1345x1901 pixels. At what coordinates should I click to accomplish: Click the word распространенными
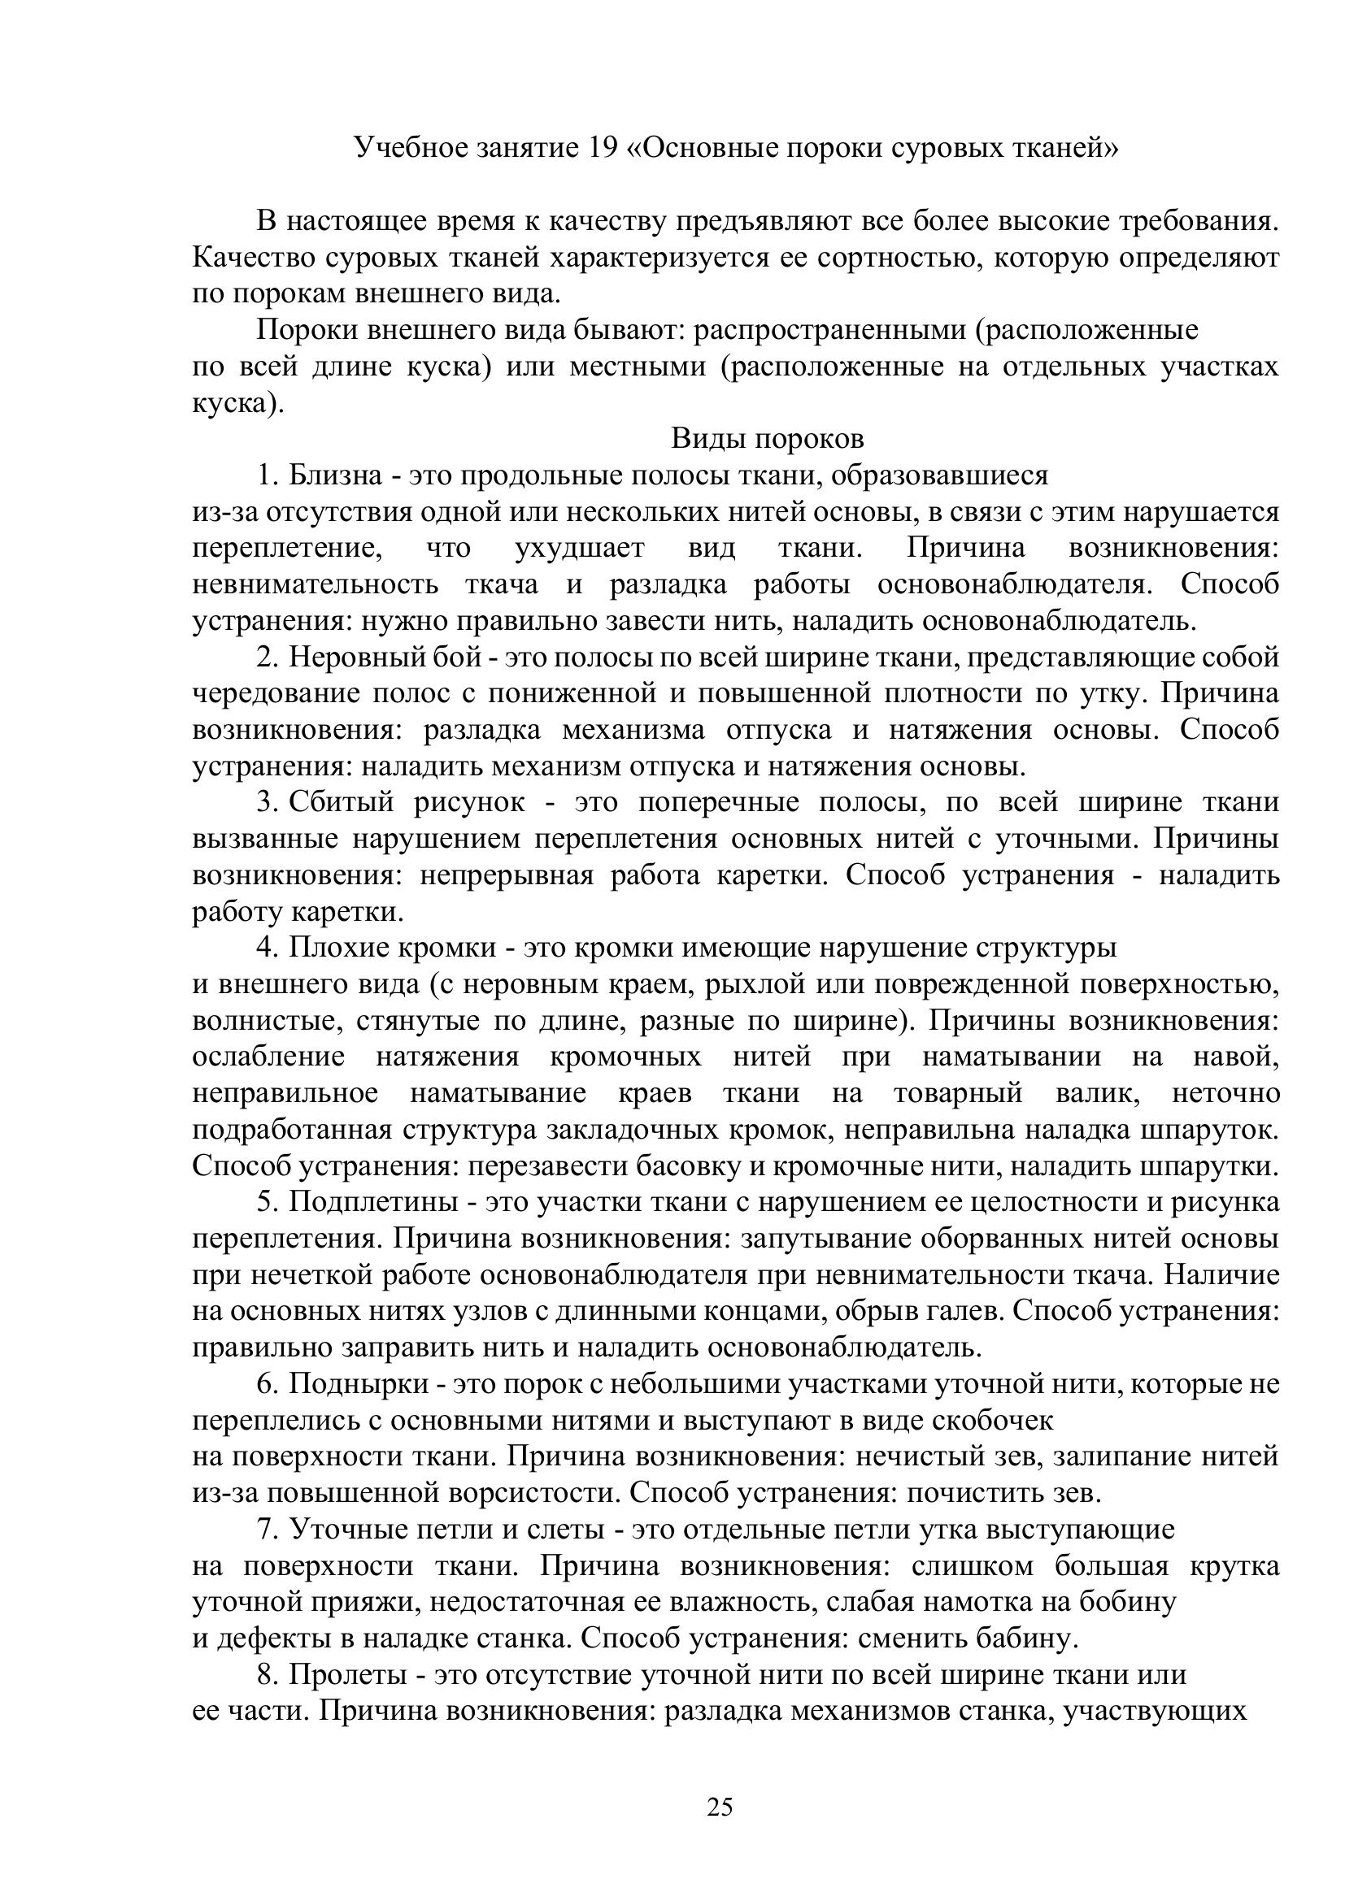tap(829, 330)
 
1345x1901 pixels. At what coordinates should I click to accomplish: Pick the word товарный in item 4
tap(958, 1094)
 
